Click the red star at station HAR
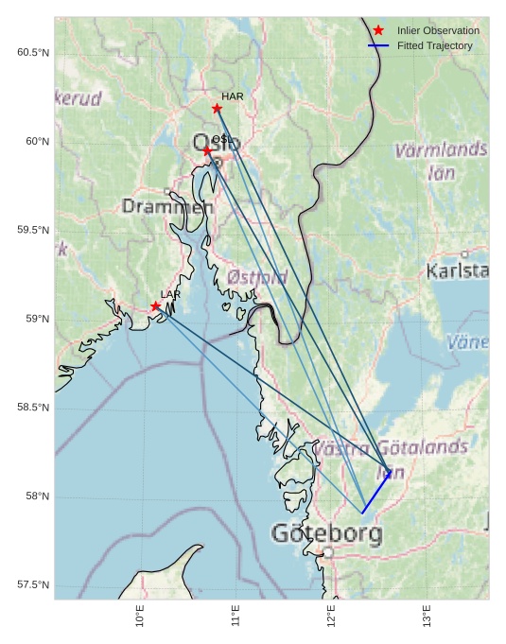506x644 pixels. coord(217,108)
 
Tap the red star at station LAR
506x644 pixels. coord(155,306)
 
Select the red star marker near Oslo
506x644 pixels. coord(207,150)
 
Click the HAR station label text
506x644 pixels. coord(233,96)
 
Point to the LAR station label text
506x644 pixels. coord(170,295)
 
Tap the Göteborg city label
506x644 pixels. coord(327,533)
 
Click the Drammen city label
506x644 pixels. coord(167,206)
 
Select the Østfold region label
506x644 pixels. coord(257,277)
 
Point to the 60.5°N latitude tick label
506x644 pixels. coord(32,53)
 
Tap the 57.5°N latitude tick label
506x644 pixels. coord(32,585)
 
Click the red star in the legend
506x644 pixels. coord(378,30)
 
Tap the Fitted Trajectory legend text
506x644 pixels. coord(434,45)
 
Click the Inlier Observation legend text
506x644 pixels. coord(438,30)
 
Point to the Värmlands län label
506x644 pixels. coord(441,161)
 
